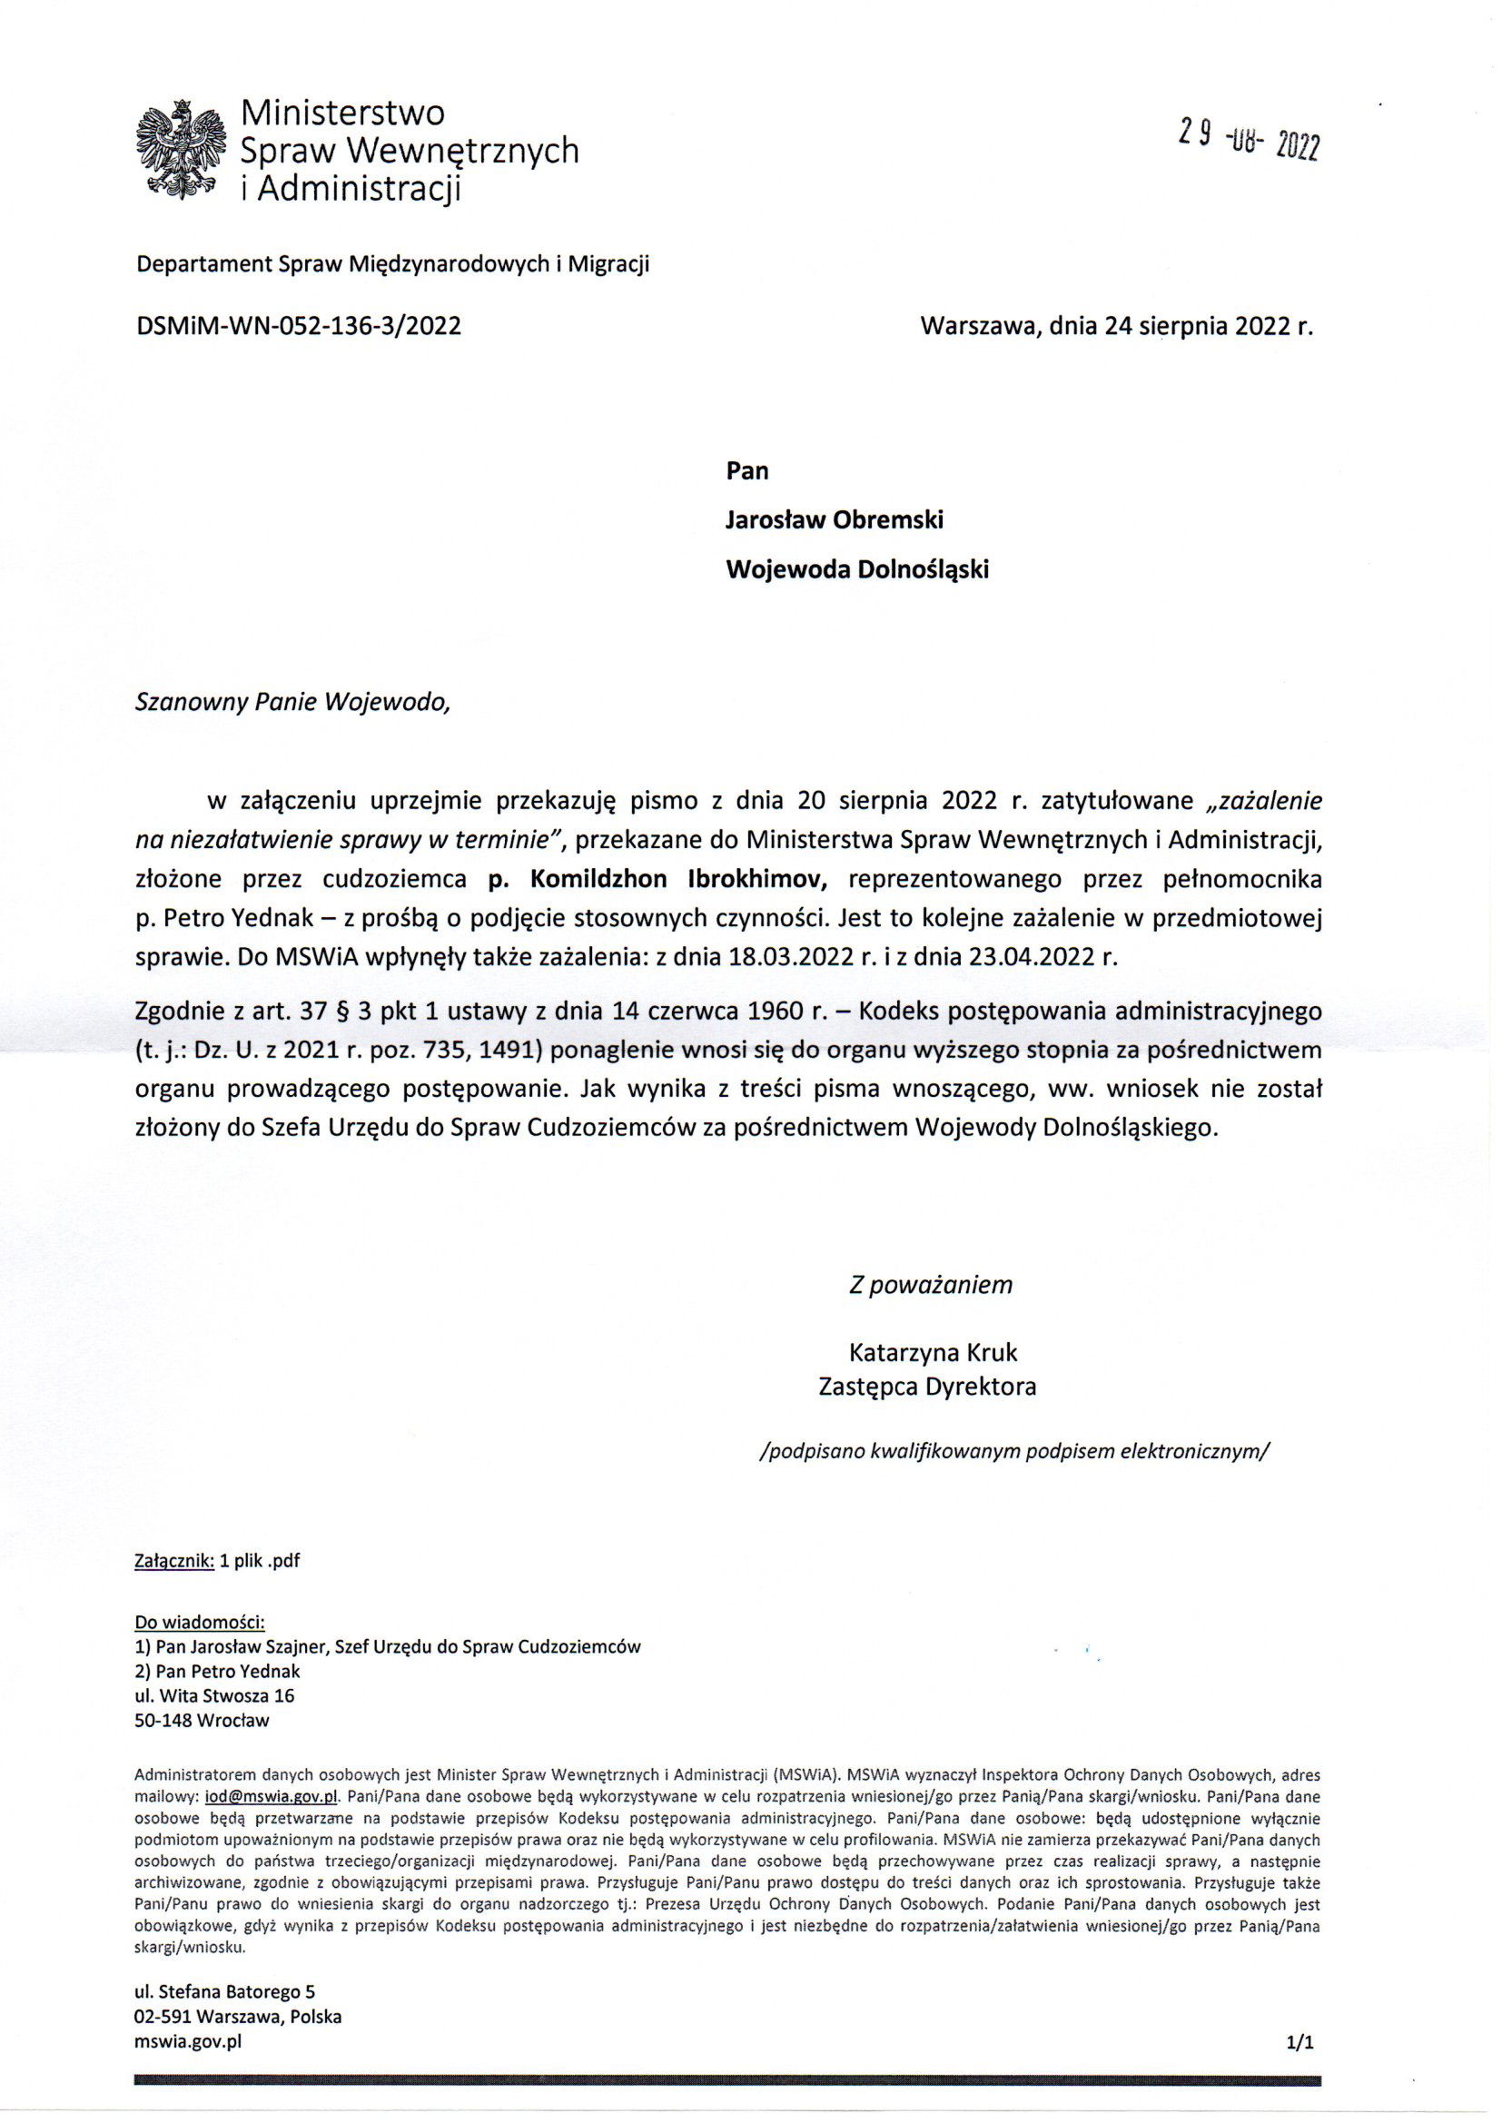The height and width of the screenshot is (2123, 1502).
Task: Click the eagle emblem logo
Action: (182, 149)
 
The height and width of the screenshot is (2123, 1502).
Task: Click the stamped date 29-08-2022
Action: (1249, 139)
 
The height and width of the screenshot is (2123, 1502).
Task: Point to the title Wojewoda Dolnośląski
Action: (856, 569)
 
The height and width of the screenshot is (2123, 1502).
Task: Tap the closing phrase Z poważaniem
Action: (931, 1284)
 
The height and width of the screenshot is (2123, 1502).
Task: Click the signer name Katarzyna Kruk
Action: (933, 1353)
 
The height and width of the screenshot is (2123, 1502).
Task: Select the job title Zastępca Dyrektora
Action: (928, 1387)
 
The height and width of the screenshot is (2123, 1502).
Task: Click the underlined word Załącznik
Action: (174, 1561)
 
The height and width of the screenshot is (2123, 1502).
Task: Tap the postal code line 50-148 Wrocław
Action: (202, 1721)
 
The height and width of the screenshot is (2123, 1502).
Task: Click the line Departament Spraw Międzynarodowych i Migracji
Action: (393, 264)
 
